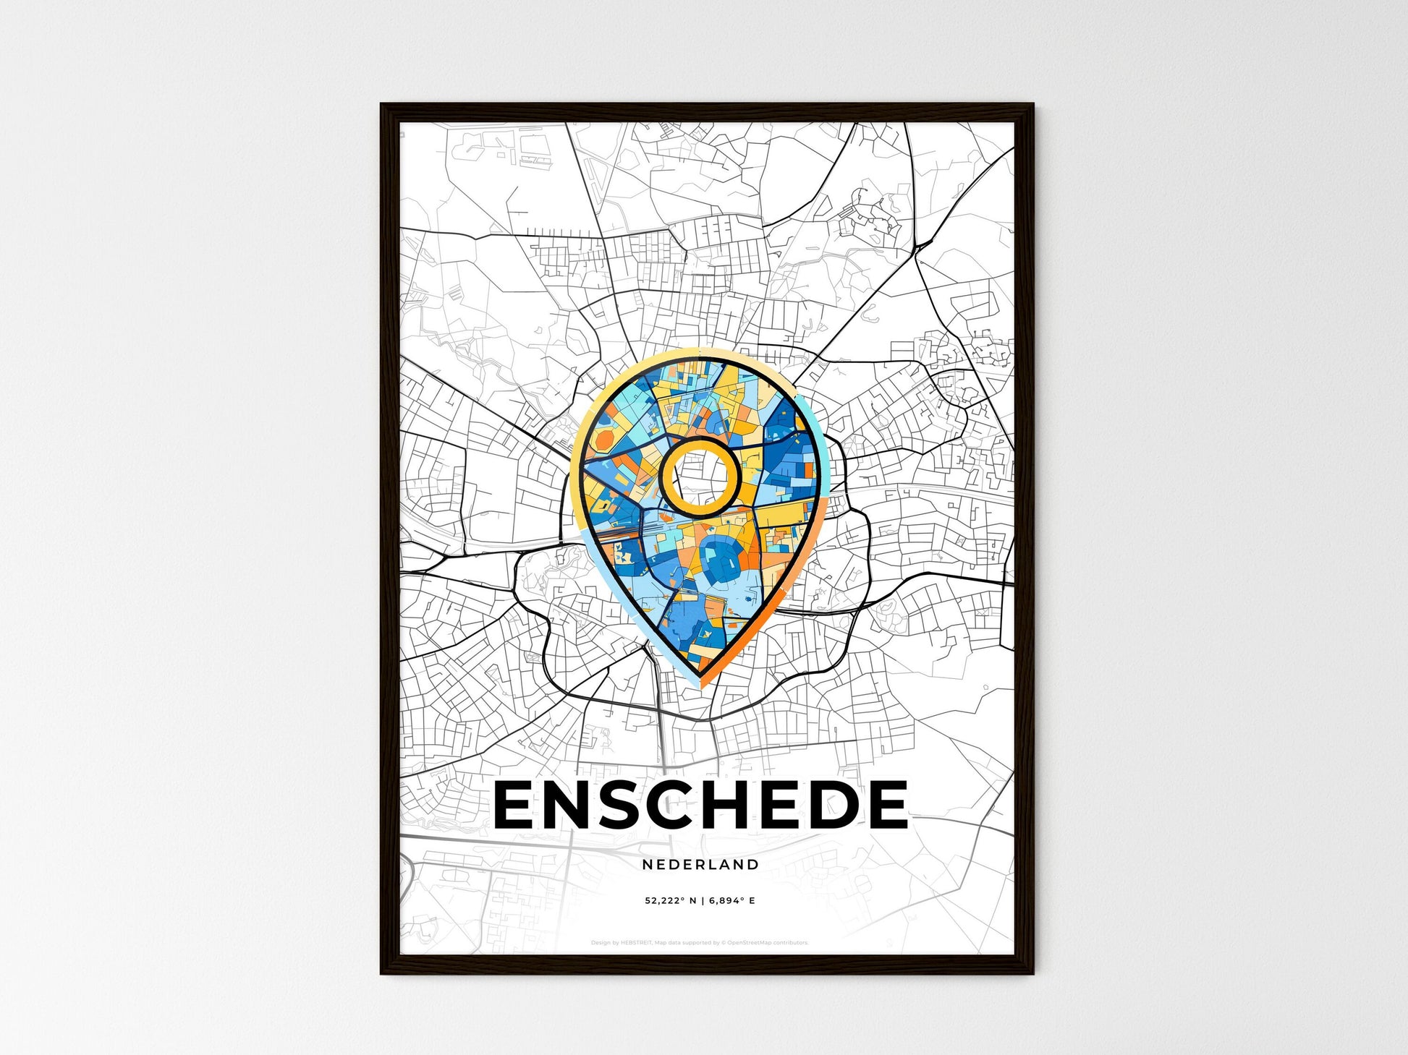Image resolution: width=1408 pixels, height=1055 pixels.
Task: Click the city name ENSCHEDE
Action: pyautogui.click(x=700, y=805)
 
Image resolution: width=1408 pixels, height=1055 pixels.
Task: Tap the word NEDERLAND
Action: pyautogui.click(x=700, y=864)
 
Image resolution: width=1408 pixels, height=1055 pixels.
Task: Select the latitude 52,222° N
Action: pyautogui.click(x=671, y=901)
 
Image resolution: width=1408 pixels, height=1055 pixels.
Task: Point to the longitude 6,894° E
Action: pyautogui.click(x=732, y=901)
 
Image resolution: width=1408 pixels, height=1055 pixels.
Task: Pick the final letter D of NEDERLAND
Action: pyautogui.click(x=754, y=864)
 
